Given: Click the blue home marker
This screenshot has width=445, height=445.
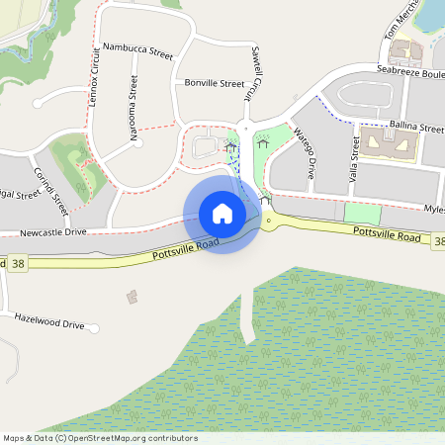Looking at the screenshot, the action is (222, 214).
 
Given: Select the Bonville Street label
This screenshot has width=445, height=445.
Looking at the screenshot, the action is (214, 84).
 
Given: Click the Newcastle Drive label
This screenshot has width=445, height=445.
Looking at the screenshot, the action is (54, 232).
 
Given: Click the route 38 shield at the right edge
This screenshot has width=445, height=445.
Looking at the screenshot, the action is (438, 240).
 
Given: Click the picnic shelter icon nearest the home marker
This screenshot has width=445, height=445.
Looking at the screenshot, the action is (265, 200).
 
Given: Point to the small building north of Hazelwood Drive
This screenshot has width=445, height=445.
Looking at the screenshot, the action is (133, 296).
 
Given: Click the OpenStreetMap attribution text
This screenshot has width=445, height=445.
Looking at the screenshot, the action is (100, 438).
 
